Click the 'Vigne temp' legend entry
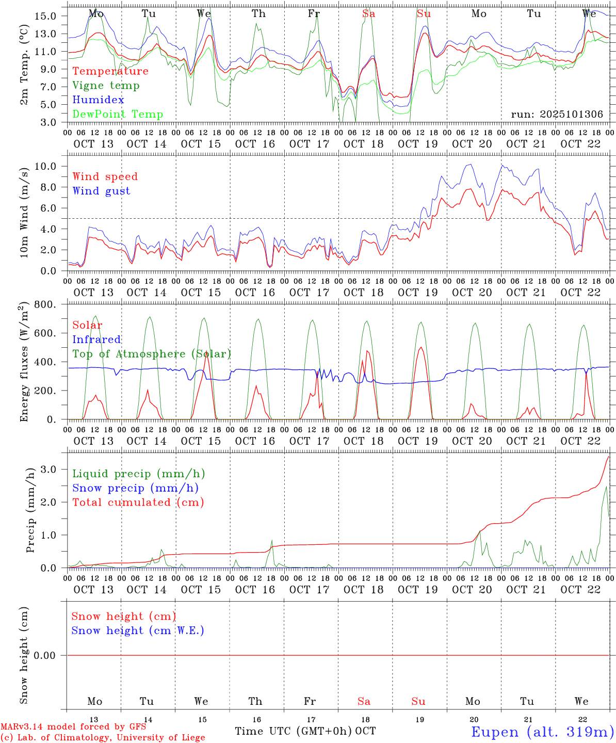106,86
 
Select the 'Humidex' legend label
99,100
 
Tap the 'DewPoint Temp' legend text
118,115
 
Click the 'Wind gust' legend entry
101,191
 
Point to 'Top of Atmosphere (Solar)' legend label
152,354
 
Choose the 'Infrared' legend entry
96,340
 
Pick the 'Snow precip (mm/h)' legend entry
135,488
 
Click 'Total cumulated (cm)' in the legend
138,503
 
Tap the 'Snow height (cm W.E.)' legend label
138,631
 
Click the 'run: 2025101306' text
557,115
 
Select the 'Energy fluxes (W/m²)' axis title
24,363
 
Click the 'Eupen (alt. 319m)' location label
542,732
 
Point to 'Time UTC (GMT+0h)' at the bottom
293,731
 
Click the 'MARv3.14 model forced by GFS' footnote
73,727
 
